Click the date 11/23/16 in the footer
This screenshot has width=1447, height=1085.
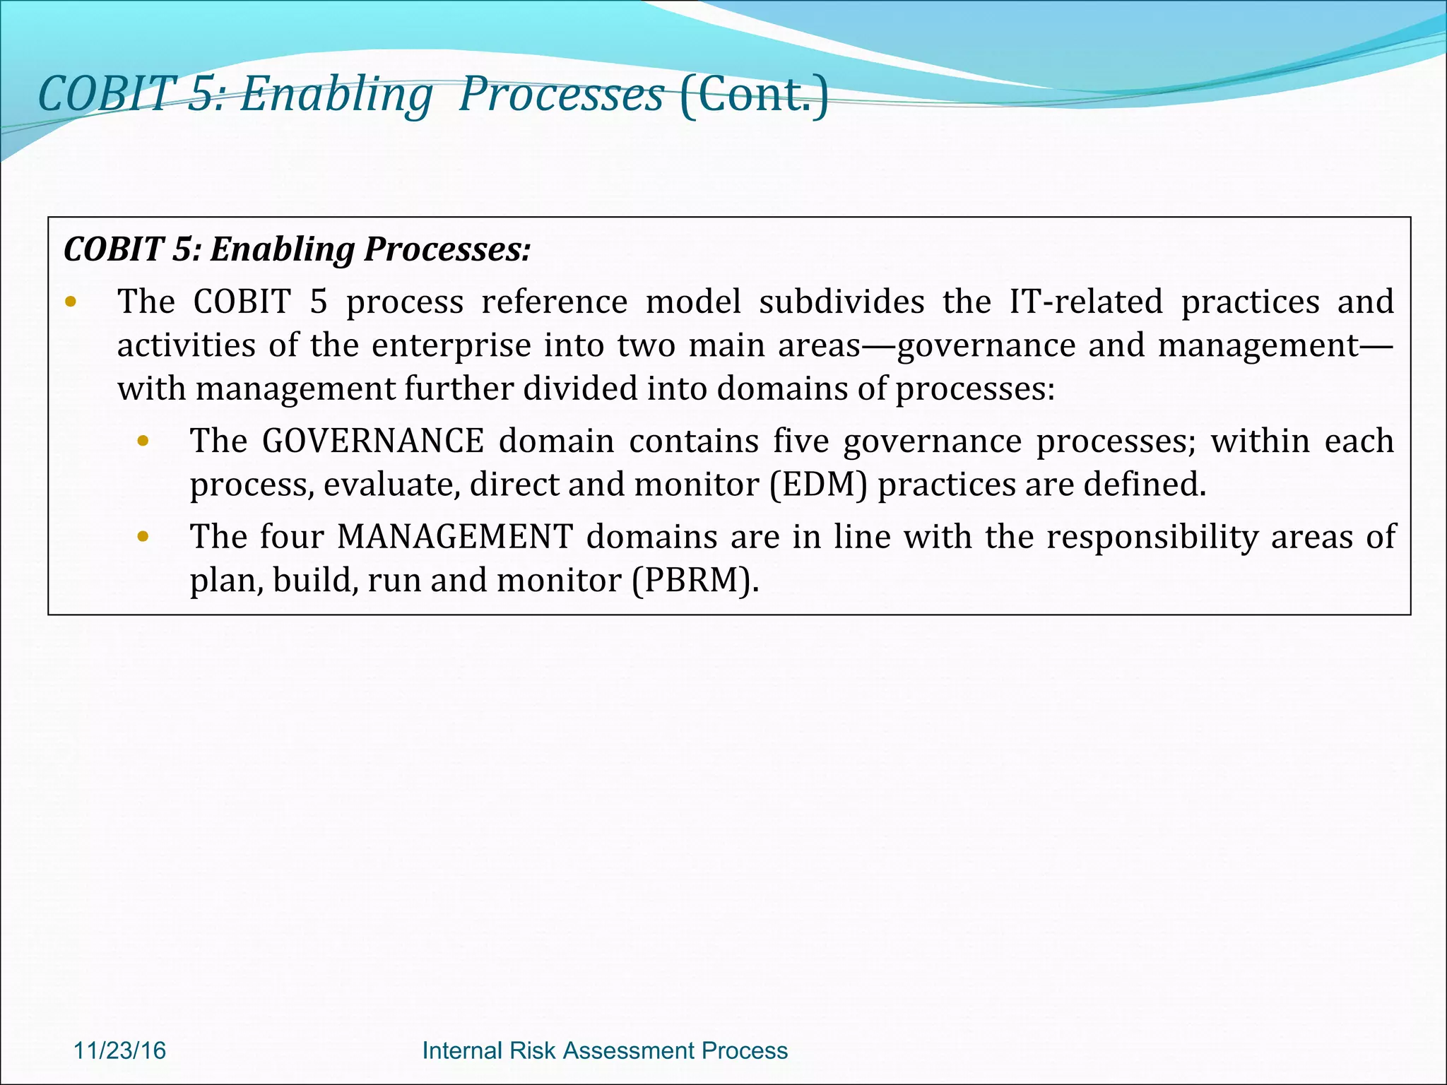click(x=119, y=1050)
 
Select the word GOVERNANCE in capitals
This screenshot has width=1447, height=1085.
click(x=372, y=441)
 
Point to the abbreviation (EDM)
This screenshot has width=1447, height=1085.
click(x=817, y=485)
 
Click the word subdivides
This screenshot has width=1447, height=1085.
click(x=841, y=302)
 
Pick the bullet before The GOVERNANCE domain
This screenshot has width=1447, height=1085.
click(x=143, y=442)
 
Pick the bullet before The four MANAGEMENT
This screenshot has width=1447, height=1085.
click(x=143, y=538)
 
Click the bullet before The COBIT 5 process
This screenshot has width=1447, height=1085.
click(x=70, y=303)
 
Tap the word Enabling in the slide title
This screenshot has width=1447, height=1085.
click(x=336, y=94)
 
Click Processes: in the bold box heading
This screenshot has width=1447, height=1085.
click(x=447, y=249)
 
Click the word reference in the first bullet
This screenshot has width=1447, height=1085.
click(x=554, y=302)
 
